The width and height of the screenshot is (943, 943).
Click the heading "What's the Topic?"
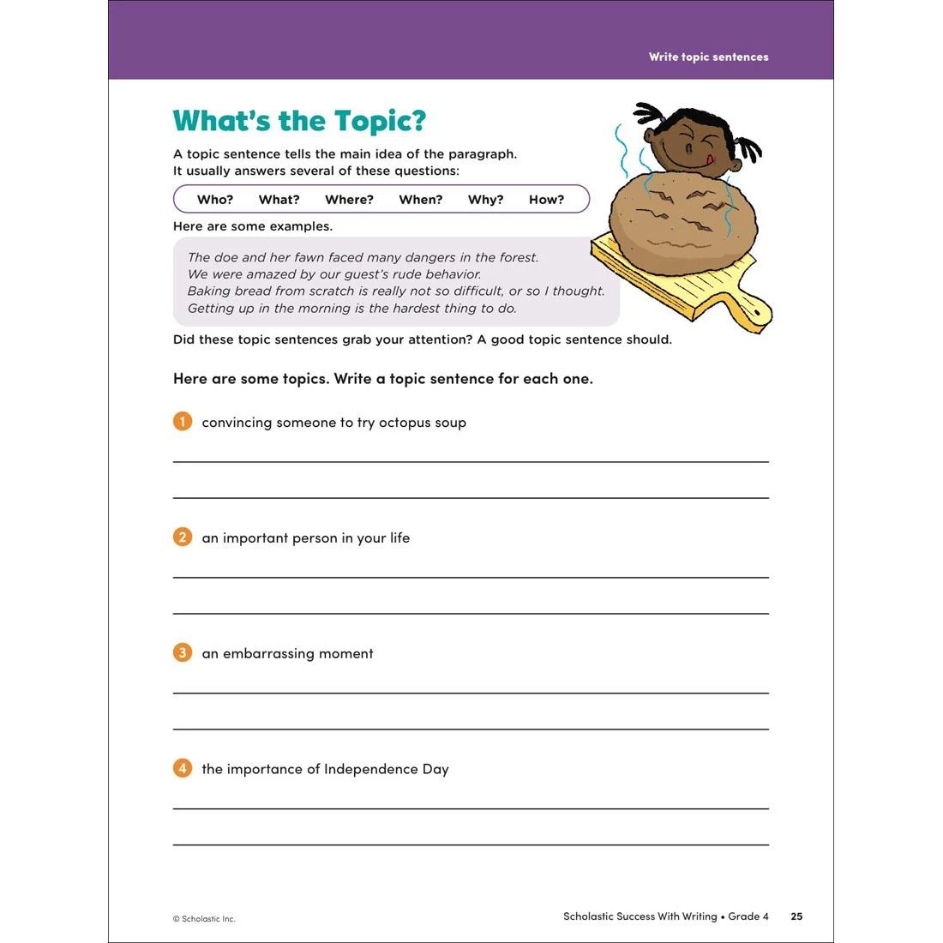click(x=299, y=121)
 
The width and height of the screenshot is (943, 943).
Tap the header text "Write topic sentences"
click(x=708, y=57)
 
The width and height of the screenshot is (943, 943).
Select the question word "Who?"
click(x=214, y=200)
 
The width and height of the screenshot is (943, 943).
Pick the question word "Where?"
click(x=349, y=200)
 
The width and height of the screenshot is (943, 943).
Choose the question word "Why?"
click(x=485, y=200)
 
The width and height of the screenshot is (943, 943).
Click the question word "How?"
click(x=546, y=200)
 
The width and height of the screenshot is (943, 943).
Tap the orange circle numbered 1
click(x=183, y=422)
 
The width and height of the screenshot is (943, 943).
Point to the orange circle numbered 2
click(x=183, y=538)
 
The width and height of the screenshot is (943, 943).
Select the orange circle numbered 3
click(x=183, y=653)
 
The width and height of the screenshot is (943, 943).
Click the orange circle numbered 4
click(x=183, y=768)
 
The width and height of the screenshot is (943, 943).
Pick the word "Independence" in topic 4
click(x=370, y=769)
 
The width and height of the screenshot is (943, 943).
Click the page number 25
click(x=796, y=916)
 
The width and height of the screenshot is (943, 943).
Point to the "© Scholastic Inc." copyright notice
click(x=204, y=919)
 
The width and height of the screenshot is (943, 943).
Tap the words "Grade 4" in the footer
click(x=748, y=916)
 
